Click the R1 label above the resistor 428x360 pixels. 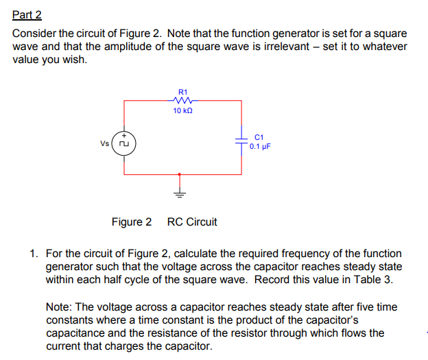point(182,91)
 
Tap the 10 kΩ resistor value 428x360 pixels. point(182,111)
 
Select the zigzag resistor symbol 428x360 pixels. point(182,100)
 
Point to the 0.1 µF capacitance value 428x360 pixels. point(261,146)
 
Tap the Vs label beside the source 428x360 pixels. point(105,144)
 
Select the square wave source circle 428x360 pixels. point(124,144)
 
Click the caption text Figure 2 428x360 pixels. point(132,222)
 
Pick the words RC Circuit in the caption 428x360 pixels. point(192,222)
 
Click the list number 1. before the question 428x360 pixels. point(34,254)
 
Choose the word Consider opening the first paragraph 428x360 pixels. point(35,34)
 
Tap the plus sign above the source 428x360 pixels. point(124,135)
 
